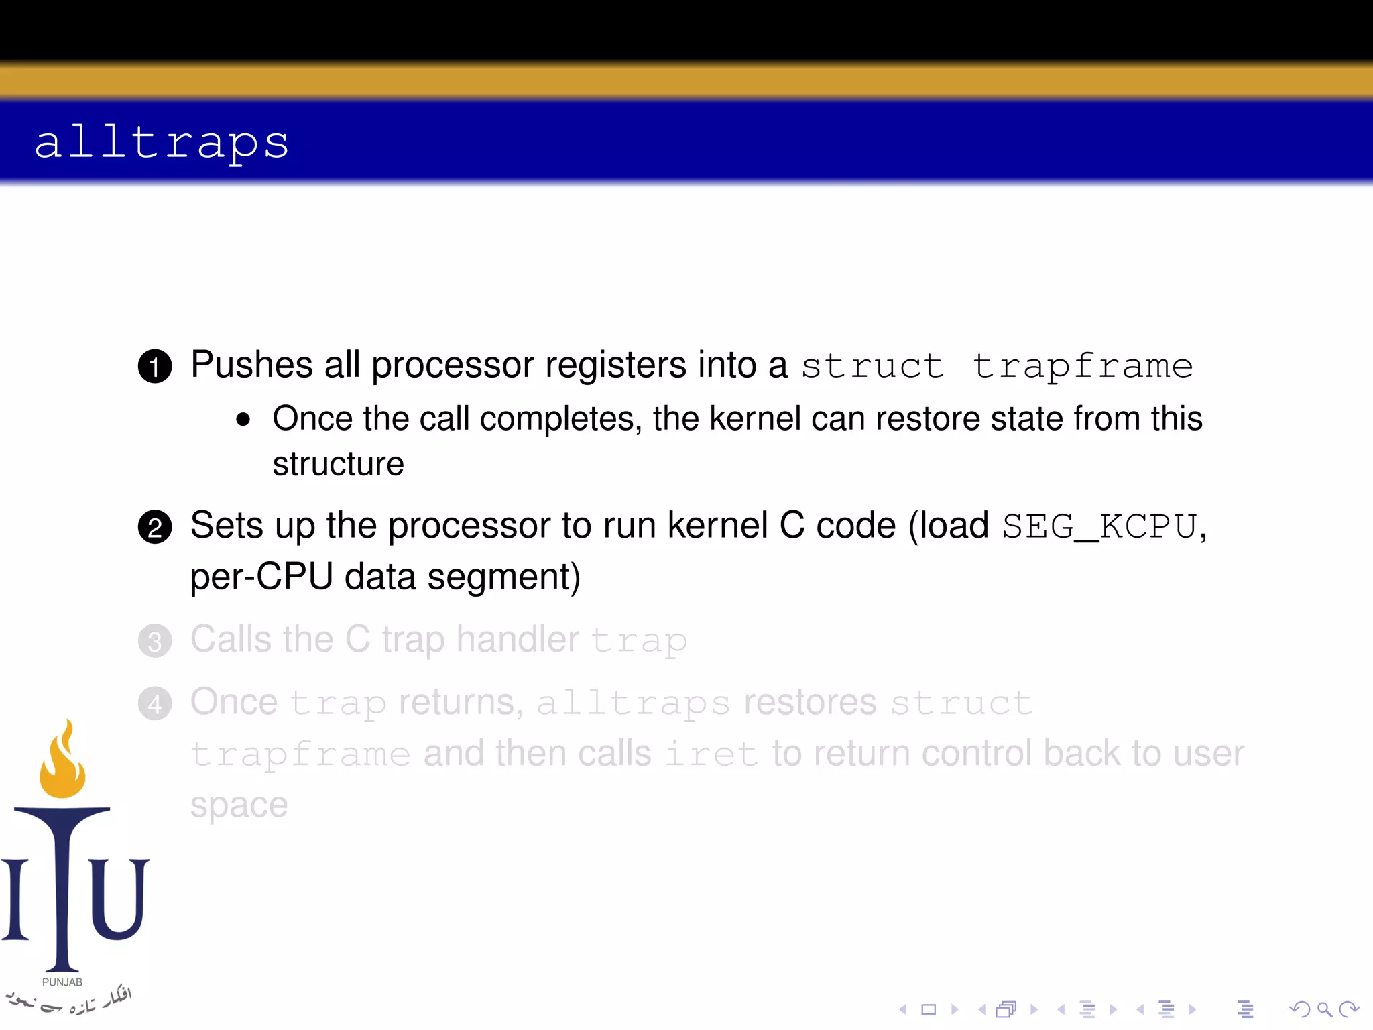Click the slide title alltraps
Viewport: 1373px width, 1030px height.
pos(162,142)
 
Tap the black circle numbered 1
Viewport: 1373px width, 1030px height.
pos(155,366)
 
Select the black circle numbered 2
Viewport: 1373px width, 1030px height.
pos(155,527)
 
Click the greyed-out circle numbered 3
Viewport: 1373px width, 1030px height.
pos(155,641)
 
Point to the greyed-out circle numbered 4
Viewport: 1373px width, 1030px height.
pos(155,703)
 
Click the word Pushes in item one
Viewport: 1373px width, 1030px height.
pos(251,365)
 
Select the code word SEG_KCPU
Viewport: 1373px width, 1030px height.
pos(1099,526)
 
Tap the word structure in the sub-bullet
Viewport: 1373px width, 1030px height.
pos(338,464)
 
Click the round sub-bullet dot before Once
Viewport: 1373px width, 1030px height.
pos(243,420)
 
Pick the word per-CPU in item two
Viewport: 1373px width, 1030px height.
pos(261,577)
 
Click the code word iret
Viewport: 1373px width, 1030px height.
pos(711,754)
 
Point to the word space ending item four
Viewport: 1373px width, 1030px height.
pos(239,805)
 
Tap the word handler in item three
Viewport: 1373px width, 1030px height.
pos(517,639)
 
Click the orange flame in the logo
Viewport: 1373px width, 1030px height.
pos(63,761)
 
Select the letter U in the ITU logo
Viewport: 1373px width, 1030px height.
pos(119,899)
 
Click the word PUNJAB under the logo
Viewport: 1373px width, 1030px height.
pos(62,982)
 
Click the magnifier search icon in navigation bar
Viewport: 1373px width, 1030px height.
pos(1323,1009)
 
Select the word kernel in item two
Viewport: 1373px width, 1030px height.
pos(717,526)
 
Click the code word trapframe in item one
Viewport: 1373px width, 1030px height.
pos(1083,366)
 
